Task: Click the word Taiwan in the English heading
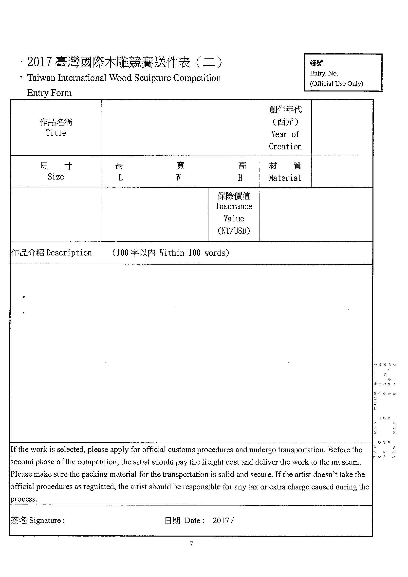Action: point(41,78)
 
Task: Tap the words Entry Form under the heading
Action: point(49,93)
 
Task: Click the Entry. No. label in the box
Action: point(324,73)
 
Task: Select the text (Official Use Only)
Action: point(336,84)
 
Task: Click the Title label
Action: point(56,133)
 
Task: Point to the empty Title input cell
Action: point(180,128)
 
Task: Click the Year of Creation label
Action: point(285,140)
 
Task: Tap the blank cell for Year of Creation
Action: point(342,128)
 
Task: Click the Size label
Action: point(56,177)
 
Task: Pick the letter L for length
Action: point(121,178)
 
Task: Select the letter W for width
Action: point(178,178)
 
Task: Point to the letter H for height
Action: point(240,178)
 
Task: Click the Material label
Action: point(285,178)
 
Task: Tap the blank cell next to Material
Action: point(342,172)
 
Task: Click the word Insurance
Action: point(234,206)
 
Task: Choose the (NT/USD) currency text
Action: point(234,231)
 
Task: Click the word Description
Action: point(69,253)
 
